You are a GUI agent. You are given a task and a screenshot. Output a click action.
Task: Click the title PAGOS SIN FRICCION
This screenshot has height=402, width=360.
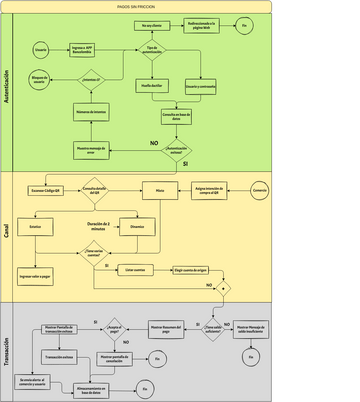point(180,5)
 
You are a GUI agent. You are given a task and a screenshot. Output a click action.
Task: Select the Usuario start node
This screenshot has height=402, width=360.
point(42,47)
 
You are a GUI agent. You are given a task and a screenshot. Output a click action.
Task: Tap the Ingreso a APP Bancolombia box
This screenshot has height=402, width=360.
point(84,47)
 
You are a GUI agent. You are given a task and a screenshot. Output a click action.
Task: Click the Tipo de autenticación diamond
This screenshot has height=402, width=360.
point(152,49)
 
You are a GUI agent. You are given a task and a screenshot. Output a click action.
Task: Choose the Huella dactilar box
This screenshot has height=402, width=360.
point(152,86)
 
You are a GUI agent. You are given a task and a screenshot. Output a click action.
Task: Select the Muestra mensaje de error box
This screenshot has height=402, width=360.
point(91,149)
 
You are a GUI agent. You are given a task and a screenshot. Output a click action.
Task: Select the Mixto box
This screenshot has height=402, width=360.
point(159,189)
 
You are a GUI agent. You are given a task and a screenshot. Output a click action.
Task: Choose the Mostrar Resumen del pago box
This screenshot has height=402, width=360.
point(168,326)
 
